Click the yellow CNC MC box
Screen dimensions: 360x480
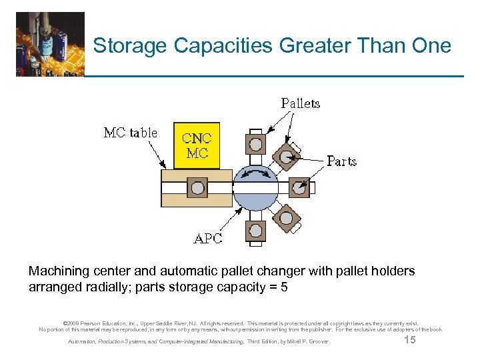[196, 145]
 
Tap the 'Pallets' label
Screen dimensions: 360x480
[300, 103]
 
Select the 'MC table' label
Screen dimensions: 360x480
[131, 133]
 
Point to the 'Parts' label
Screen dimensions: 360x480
[341, 161]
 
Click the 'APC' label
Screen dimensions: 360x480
[207, 239]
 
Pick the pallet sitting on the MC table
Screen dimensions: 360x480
[197, 188]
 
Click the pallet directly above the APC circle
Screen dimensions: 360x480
[255, 143]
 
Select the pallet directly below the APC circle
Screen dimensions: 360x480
[255, 231]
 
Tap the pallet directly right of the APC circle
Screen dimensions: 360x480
[299, 188]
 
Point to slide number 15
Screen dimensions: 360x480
[411, 341]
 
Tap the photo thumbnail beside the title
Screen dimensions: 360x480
[51, 44]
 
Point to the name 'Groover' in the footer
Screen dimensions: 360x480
[317, 343]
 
